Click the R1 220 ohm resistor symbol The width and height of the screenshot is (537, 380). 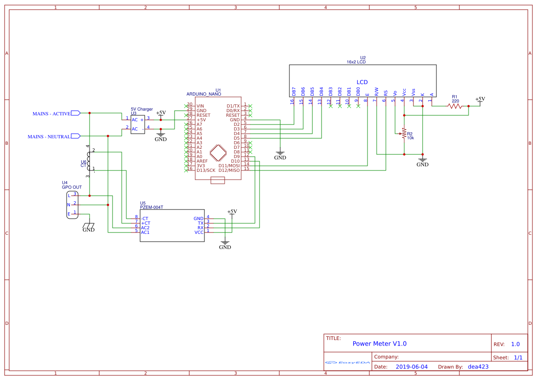[455, 106]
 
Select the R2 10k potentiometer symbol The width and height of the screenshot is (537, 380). [404, 134]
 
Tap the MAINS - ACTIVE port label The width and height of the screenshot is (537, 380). [51, 113]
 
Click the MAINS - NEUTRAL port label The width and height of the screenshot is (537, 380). [49, 136]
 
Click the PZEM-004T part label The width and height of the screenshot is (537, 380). [152, 207]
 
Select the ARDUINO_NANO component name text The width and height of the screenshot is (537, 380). [203, 94]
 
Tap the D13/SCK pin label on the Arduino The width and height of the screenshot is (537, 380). [206, 170]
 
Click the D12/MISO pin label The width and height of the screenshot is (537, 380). [229, 170]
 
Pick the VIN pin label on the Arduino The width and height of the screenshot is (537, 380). [200, 106]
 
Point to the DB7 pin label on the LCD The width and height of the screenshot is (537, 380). [294, 91]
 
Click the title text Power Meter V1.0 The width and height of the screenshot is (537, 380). [379, 344]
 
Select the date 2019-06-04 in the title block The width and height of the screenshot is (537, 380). [412, 367]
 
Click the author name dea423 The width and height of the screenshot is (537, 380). [478, 367]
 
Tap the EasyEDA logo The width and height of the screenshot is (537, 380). [347, 362]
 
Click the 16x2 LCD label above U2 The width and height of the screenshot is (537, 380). [356, 62]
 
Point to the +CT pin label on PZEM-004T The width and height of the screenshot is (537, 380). [145, 223]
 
